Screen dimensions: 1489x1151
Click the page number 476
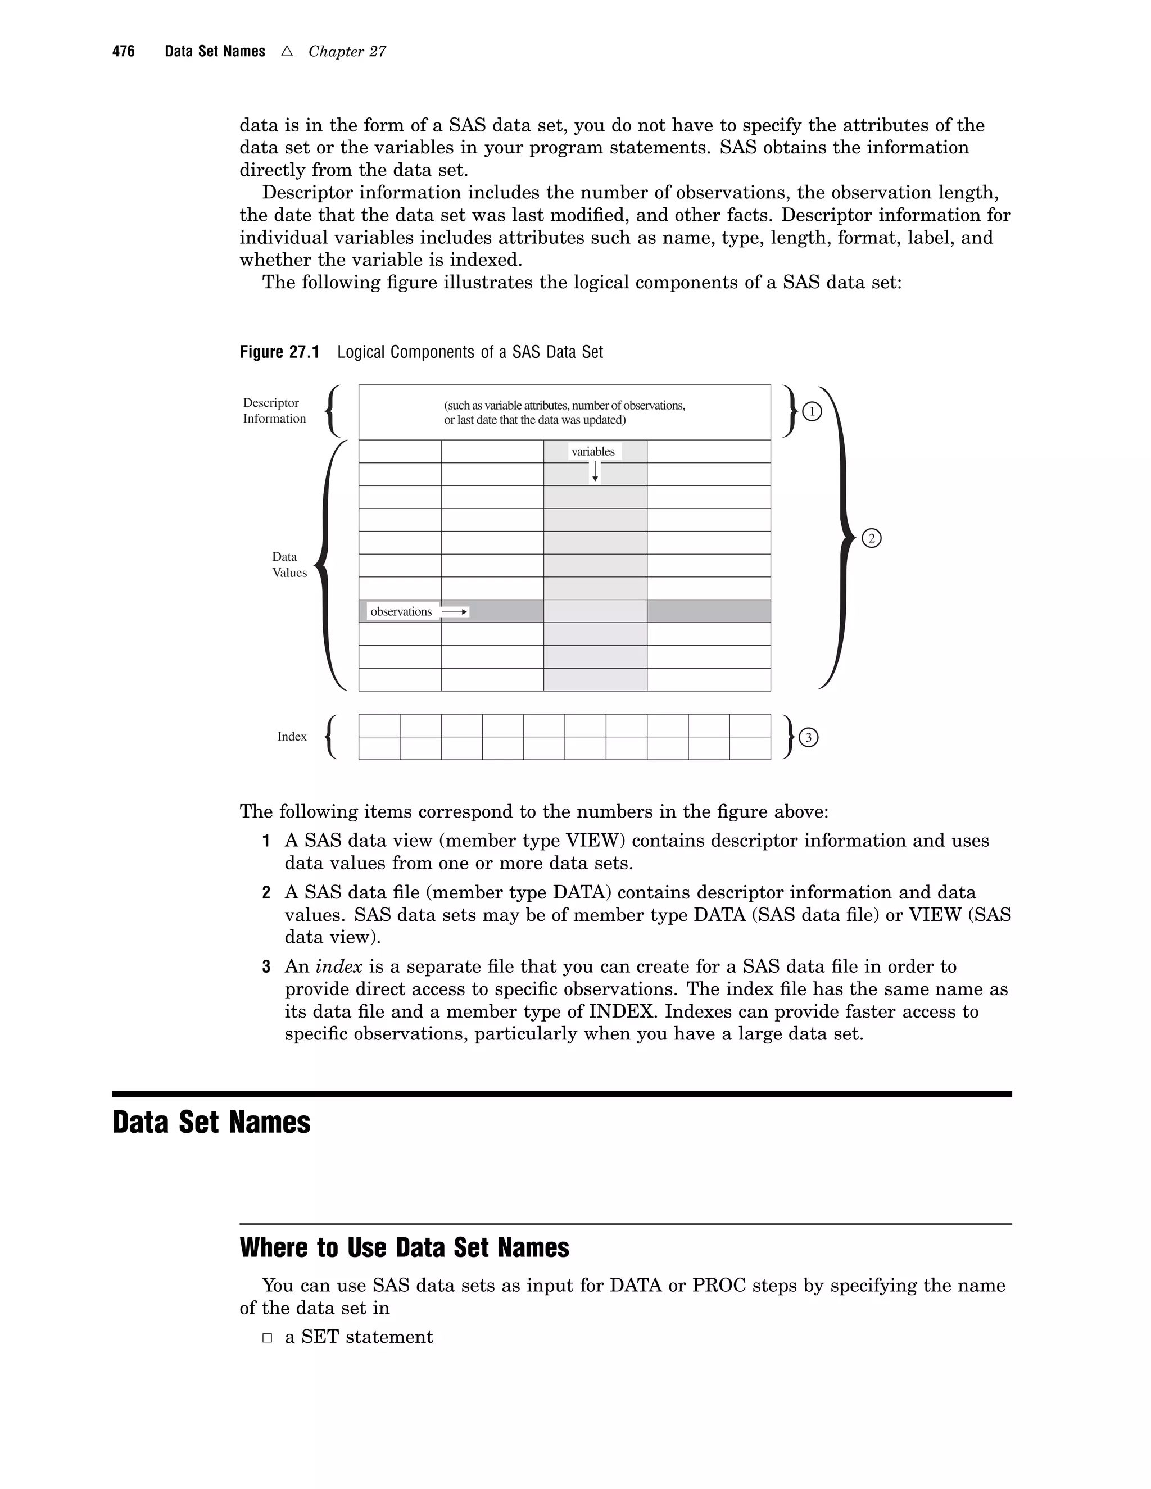(124, 52)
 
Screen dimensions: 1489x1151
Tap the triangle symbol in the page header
(287, 51)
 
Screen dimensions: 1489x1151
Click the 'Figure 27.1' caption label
(279, 352)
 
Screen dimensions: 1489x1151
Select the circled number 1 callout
(812, 412)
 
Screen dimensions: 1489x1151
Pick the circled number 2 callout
(872, 539)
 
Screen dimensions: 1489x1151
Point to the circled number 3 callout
(808, 738)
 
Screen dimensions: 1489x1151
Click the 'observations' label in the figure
(401, 611)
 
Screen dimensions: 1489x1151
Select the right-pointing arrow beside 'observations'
(455, 612)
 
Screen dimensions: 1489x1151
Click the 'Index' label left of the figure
(292, 736)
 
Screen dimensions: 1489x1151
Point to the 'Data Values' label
(289, 565)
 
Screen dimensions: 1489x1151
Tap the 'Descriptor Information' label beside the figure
(274, 410)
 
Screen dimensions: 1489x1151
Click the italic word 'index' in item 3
(339, 967)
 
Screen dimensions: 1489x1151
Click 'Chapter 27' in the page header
(347, 52)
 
